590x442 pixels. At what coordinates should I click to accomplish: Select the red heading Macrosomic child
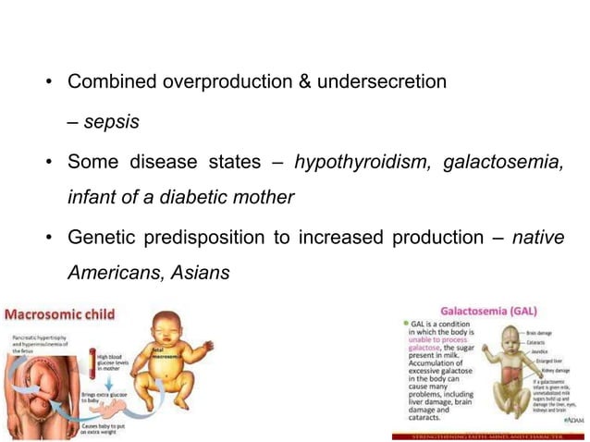click(63, 313)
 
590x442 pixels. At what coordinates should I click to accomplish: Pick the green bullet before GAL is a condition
click(404, 324)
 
